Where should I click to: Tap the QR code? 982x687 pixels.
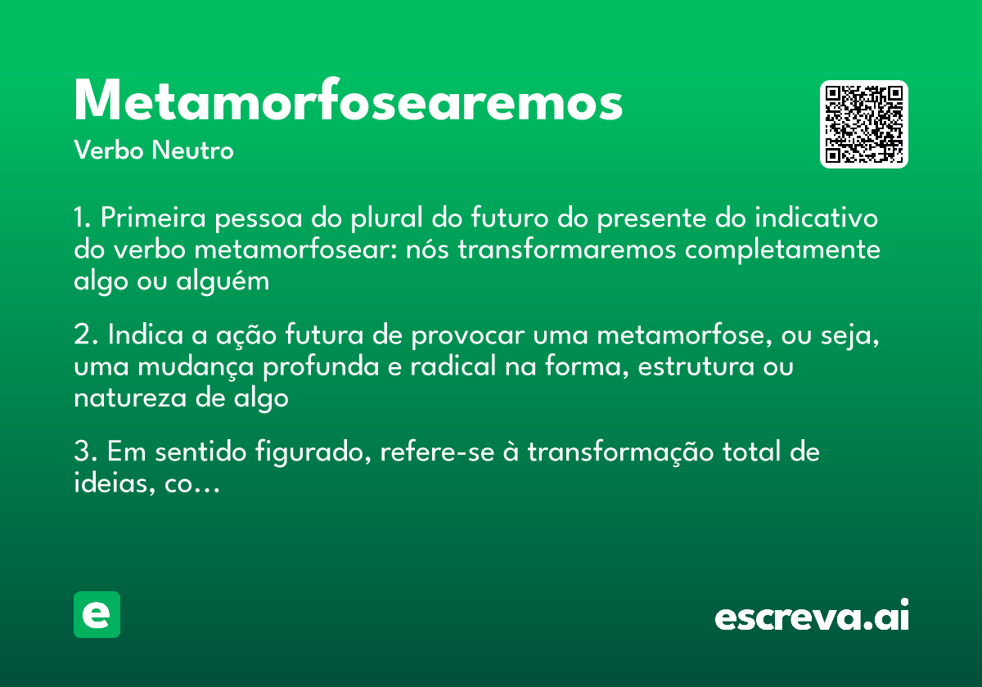click(864, 124)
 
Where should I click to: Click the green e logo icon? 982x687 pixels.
click(97, 614)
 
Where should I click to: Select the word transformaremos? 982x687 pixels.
click(567, 249)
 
